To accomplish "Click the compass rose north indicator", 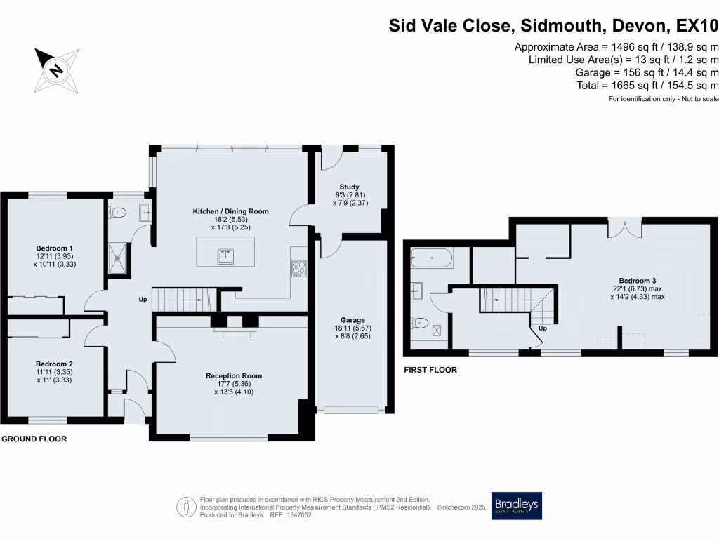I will [x=54, y=69].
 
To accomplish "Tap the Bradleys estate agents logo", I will [x=517, y=506].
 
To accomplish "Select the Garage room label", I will [x=350, y=320].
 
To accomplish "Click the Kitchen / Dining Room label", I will [x=231, y=211].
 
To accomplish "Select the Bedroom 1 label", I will [x=55, y=248].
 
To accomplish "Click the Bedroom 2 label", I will [x=55, y=364].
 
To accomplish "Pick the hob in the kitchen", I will [x=298, y=269].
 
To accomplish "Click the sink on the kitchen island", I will [x=225, y=255].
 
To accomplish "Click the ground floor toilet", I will [x=117, y=213].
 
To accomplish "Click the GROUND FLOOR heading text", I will [x=34, y=439].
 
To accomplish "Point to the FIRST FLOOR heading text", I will [x=430, y=370].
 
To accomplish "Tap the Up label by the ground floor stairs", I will [x=143, y=300].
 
